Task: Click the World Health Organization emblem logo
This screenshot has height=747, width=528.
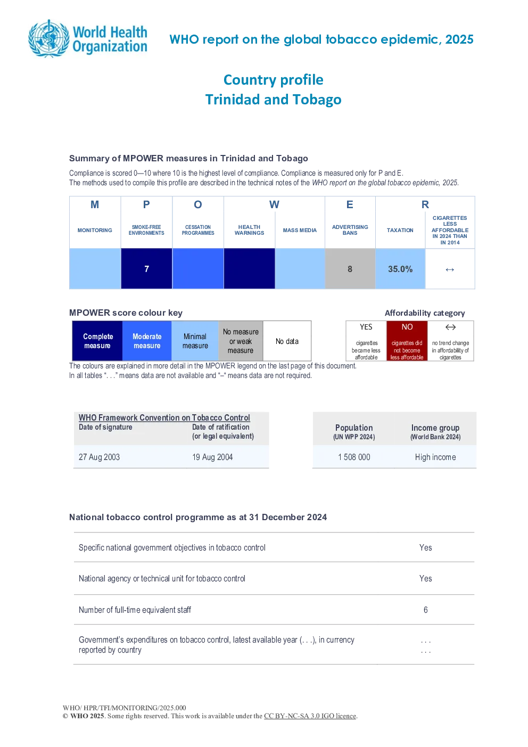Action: point(49,38)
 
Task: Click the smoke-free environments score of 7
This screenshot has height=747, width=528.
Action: point(146,269)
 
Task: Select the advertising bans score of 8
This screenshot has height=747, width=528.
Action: point(350,269)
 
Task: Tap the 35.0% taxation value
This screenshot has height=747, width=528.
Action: point(400,269)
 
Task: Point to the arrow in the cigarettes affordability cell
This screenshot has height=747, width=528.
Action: point(450,269)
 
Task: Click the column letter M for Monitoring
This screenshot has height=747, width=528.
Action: point(95,204)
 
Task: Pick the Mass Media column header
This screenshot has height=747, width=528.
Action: point(300,230)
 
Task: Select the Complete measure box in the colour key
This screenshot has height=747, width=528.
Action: point(97,341)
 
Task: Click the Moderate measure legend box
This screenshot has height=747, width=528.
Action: point(147,341)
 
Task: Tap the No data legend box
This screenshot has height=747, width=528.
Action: point(287,341)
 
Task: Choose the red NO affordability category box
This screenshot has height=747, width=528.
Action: point(407,341)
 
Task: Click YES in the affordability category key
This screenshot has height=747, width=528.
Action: point(366,327)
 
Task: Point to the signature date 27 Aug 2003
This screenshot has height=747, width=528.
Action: point(99,457)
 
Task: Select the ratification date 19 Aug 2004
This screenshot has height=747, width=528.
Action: point(212,457)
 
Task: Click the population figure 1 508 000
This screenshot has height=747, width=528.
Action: point(354,457)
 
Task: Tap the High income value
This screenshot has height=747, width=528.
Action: point(435,457)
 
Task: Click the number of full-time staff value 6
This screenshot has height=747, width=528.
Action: point(426,610)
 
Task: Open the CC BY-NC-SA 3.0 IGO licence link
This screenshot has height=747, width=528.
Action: point(310,716)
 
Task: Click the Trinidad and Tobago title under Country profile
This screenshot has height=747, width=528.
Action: point(274,100)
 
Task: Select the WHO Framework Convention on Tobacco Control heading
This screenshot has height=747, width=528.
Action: point(164,417)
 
